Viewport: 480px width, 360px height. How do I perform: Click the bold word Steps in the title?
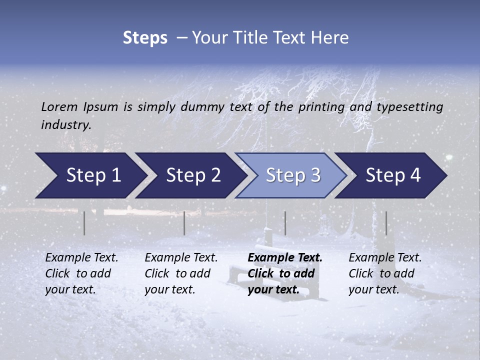pyautogui.click(x=145, y=38)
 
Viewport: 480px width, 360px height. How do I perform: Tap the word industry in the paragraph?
pyautogui.click(x=65, y=125)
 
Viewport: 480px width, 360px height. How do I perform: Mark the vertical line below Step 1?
pyautogui.click(x=84, y=223)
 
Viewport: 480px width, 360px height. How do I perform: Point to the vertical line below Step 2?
pyautogui.click(x=184, y=223)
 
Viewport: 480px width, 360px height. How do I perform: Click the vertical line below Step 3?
pyautogui.click(x=285, y=223)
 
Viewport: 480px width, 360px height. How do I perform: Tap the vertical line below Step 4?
pyautogui.click(x=386, y=223)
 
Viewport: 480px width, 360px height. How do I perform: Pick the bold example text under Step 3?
pyautogui.click(x=284, y=273)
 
